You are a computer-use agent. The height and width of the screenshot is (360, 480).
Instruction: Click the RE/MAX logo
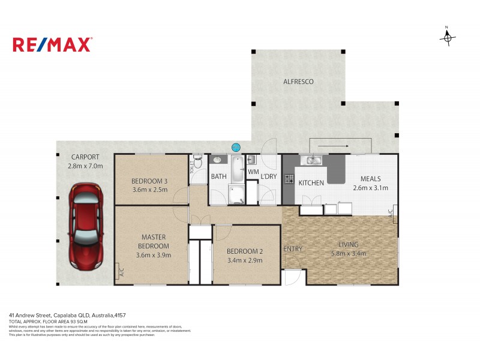[52, 44]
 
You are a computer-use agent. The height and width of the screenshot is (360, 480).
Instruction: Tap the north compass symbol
[447, 37]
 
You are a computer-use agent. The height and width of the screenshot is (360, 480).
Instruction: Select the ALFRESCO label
[298, 82]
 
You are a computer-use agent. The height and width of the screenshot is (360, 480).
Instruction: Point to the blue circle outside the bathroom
[236, 147]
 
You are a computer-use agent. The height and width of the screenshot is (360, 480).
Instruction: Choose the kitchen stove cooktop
[289, 178]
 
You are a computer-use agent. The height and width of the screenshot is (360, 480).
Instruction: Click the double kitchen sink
[314, 160]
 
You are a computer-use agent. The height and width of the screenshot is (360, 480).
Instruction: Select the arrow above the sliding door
[334, 145]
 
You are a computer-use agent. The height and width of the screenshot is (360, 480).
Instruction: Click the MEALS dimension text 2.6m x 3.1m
[370, 188]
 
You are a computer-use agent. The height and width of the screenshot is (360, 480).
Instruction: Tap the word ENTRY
[293, 249]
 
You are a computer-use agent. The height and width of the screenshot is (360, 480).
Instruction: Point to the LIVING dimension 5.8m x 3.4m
[348, 253]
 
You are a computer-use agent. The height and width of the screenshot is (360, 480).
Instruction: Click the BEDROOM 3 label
[149, 181]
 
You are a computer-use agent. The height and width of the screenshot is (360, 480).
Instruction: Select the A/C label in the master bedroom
[121, 272]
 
